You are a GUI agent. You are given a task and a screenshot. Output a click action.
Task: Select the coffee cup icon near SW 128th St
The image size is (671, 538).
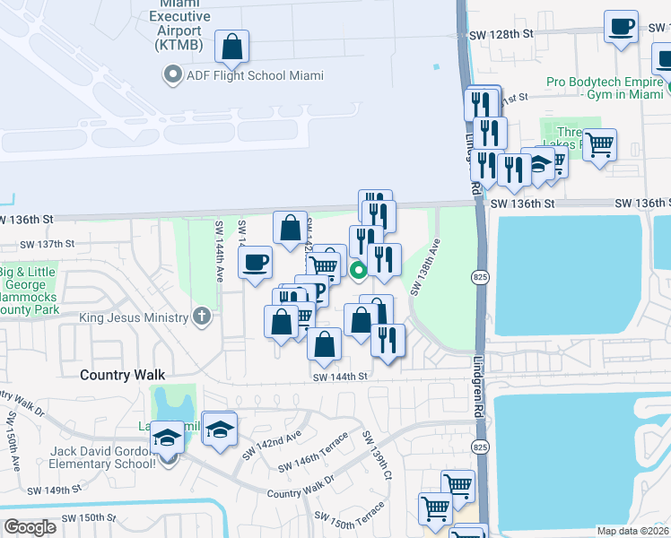(621, 28)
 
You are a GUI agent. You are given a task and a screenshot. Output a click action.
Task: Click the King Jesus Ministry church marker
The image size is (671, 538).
(203, 317)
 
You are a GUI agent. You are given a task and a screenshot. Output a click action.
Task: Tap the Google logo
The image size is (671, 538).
(30, 527)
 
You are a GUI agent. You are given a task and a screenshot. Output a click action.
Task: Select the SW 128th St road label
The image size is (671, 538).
(501, 33)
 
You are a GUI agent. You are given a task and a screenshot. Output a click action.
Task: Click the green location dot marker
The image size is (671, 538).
(358, 268)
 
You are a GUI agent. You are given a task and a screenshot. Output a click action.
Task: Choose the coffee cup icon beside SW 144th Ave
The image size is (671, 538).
(256, 263)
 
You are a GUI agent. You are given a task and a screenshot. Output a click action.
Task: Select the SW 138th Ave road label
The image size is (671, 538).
(425, 268)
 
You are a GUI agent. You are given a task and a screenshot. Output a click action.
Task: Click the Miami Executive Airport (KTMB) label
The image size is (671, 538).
(179, 24)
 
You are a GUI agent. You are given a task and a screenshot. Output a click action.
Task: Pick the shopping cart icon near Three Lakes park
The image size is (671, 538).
(599, 143)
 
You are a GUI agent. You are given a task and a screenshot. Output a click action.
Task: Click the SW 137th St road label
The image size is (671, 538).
(45, 244)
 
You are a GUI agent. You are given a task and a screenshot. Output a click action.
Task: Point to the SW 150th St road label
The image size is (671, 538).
(89, 518)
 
